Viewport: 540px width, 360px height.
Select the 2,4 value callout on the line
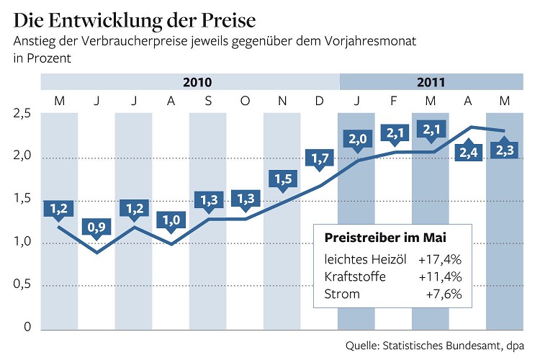pyautogui.click(x=468, y=153)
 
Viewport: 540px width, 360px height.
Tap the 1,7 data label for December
pyautogui.click(x=319, y=158)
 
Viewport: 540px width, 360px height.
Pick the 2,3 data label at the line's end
pyautogui.click(x=505, y=151)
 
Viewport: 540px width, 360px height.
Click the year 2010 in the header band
pyautogui.click(x=197, y=82)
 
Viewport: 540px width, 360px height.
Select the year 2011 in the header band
pyautogui.click(x=431, y=82)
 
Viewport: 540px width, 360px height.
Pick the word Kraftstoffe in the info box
pyautogui.click(x=355, y=276)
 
